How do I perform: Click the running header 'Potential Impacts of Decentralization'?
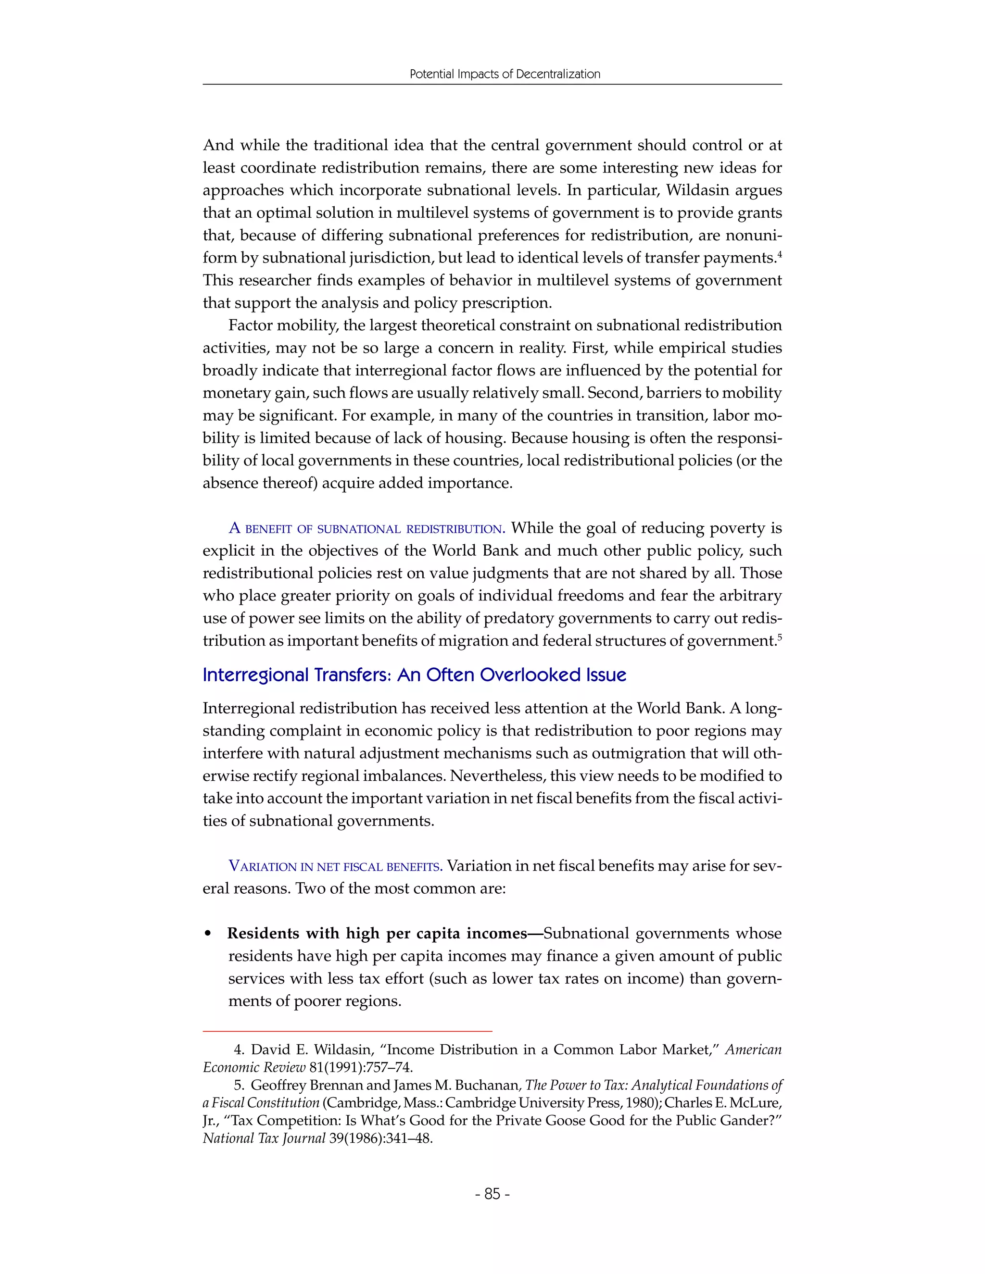point(505,74)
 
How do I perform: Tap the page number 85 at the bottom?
point(492,1194)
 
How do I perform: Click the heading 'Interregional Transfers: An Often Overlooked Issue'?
point(414,675)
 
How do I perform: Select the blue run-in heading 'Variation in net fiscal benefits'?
point(335,866)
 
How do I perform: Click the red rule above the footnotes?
point(347,1031)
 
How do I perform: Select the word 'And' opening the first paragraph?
point(218,145)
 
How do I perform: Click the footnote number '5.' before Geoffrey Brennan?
point(239,1086)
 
